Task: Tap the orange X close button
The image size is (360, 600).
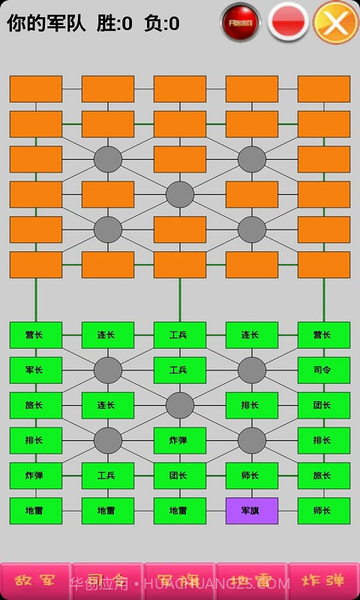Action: click(x=336, y=22)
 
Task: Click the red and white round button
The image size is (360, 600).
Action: click(x=289, y=22)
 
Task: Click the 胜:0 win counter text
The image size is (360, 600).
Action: click(x=114, y=24)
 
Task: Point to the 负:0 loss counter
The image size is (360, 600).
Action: click(x=162, y=24)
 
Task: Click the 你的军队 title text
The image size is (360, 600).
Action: click(x=46, y=24)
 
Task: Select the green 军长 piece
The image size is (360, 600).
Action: click(x=35, y=370)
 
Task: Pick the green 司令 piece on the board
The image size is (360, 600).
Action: click(x=323, y=370)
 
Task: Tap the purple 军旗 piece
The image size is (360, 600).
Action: click(x=251, y=511)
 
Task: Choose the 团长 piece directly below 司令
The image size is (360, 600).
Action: click(x=323, y=405)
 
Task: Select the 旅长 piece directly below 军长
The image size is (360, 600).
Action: click(x=35, y=405)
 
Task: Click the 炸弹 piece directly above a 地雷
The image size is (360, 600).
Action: click(x=35, y=475)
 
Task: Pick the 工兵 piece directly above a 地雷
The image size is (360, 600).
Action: click(x=107, y=475)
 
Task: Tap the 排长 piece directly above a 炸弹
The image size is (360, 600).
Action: click(x=35, y=440)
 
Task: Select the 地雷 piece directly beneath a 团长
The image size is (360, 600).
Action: click(x=179, y=511)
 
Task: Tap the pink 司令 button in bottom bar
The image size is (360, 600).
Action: click(x=107, y=581)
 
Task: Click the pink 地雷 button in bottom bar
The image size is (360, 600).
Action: click(x=251, y=581)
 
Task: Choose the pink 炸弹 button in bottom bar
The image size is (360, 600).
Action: click(x=323, y=581)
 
